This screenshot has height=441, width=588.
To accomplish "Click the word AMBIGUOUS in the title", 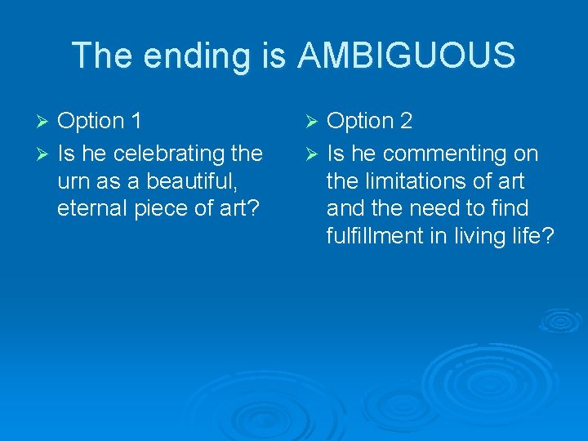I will click(407, 56).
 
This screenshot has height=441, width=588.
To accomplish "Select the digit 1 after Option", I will click(136, 121).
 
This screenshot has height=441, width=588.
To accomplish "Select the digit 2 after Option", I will click(405, 121).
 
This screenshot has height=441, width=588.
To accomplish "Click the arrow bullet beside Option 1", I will click(45, 122).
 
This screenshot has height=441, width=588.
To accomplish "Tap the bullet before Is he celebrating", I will click(45, 154).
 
